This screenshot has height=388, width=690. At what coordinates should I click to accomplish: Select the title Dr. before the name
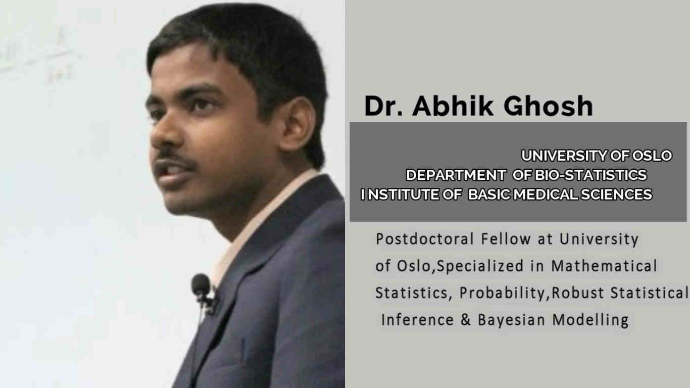point(384,106)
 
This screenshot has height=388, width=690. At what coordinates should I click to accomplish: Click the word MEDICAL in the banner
point(545,195)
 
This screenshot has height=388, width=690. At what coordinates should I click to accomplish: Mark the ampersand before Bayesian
point(465,320)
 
